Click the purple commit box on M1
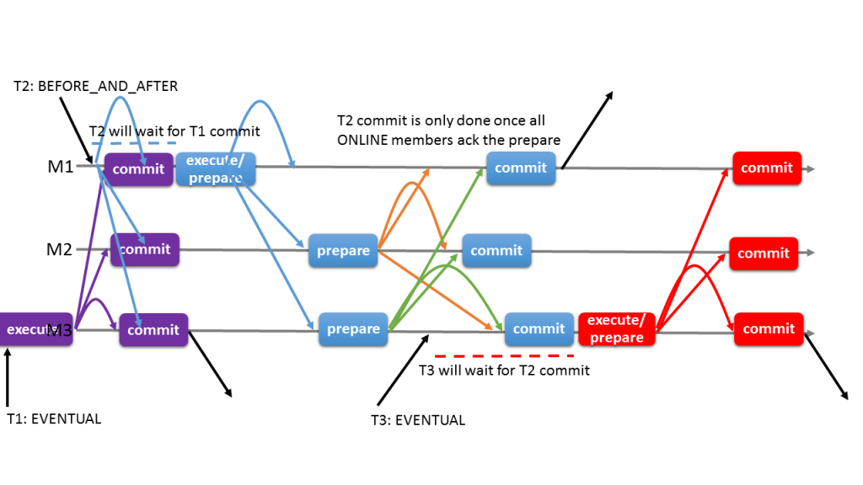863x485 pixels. point(138,169)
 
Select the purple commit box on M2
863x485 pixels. point(144,250)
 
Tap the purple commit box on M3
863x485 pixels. point(153,330)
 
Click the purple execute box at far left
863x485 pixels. point(34,330)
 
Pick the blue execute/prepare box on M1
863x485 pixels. point(215,169)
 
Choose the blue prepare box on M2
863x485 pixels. point(343,251)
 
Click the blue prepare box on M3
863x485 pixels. point(352,329)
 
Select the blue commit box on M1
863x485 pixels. point(521,168)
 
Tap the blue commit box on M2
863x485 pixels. point(496,251)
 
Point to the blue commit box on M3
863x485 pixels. point(539,329)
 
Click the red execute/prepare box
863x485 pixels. point(617,329)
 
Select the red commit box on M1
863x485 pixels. point(767,168)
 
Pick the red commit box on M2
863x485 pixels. point(764,253)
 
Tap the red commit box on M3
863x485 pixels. point(769,329)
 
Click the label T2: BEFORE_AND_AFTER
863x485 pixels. point(95,87)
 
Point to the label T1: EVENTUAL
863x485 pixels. point(53,418)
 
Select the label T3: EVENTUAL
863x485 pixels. point(418,420)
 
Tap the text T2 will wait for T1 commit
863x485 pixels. point(174,131)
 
